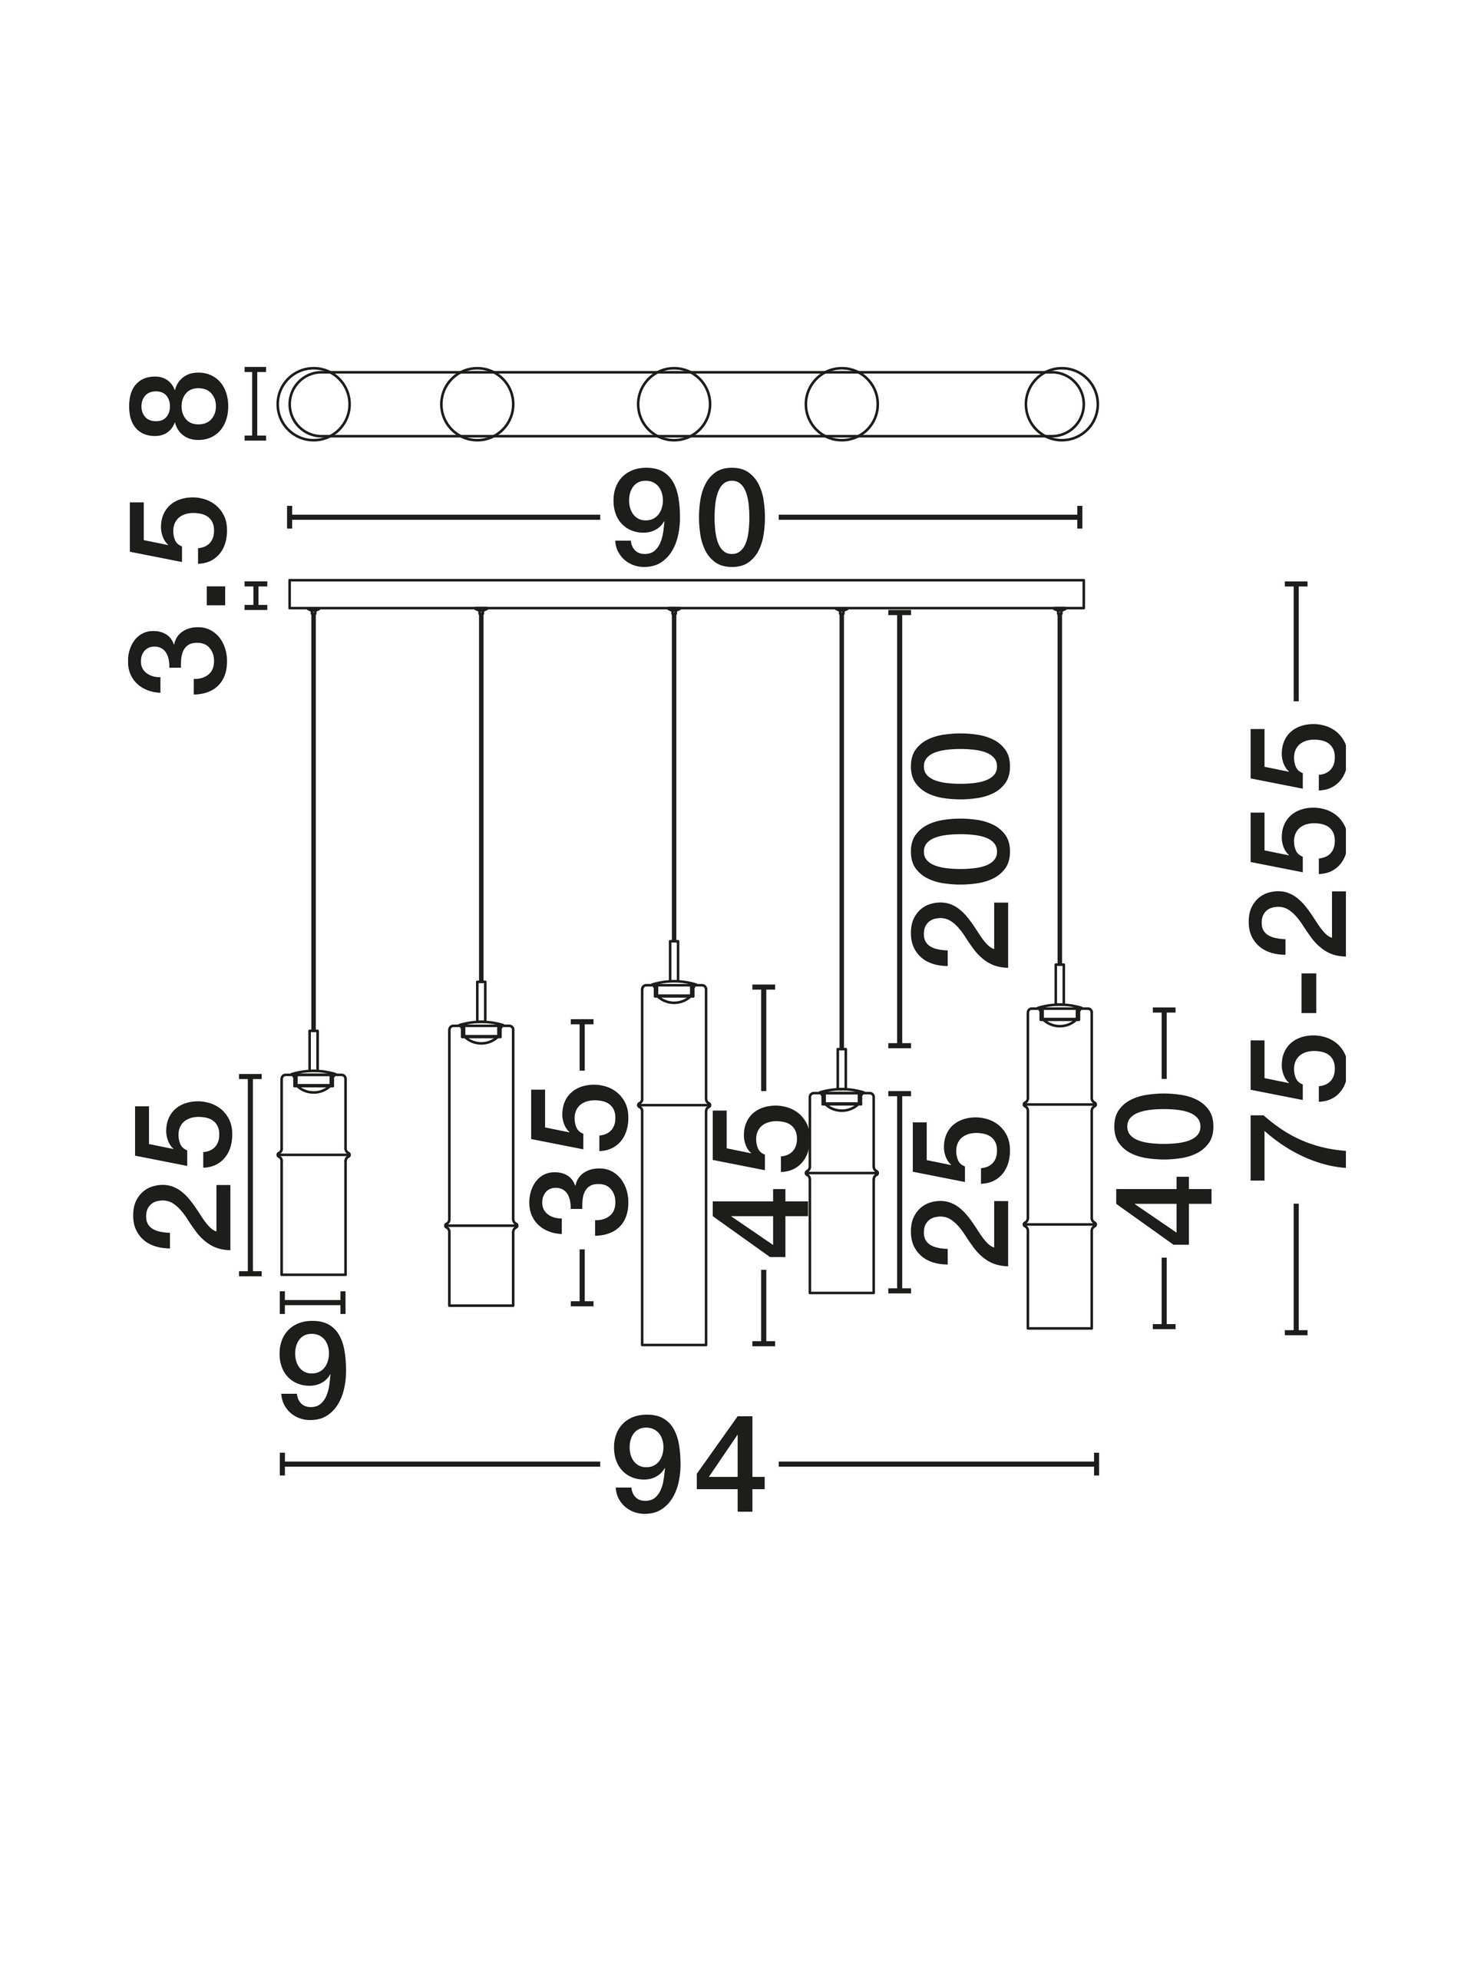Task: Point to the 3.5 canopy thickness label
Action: click(x=177, y=595)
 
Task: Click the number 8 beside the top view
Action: click(x=177, y=405)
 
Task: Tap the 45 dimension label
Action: click(x=763, y=1181)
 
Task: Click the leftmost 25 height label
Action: click(x=182, y=1175)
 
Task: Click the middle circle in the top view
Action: click(x=673, y=405)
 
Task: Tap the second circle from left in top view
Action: click(x=477, y=405)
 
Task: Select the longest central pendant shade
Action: click(x=673, y=1164)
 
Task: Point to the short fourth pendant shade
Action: click(x=841, y=1192)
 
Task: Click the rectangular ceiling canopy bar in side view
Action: click(x=687, y=594)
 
